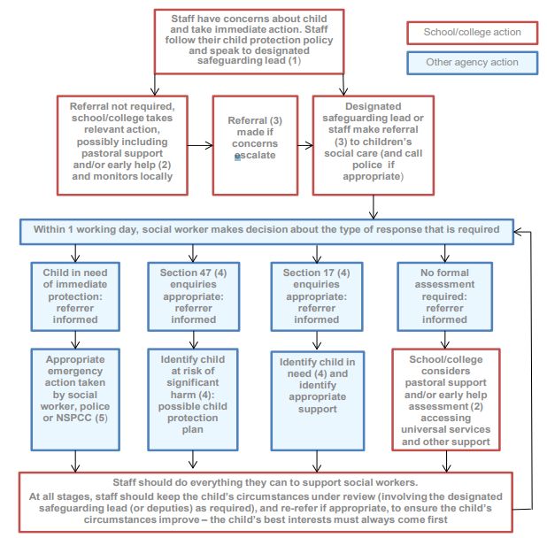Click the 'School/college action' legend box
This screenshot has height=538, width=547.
pyautogui.click(x=473, y=33)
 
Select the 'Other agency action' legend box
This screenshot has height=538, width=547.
pyautogui.click(x=473, y=63)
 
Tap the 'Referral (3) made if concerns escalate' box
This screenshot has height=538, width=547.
pyautogui.click(x=255, y=145)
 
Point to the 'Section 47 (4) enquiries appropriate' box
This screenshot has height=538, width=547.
pyautogui.click(x=193, y=296)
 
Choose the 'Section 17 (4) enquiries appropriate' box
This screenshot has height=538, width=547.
pyautogui.click(x=317, y=296)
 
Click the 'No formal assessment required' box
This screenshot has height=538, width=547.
pyautogui.click(x=445, y=296)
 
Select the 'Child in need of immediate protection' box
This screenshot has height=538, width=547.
pyautogui.click(x=75, y=296)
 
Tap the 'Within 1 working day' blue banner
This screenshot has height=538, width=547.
pyautogui.click(x=266, y=232)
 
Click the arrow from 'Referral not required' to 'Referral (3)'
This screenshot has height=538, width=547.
pyautogui.click(x=200, y=145)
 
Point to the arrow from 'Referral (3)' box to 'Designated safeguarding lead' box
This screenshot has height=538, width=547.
pyautogui.click(x=305, y=145)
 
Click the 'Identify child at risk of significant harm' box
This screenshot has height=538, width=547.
pyautogui.click(x=193, y=400)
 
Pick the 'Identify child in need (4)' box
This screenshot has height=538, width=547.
pyautogui.click(x=318, y=401)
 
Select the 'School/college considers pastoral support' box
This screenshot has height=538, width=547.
pyautogui.click(x=446, y=400)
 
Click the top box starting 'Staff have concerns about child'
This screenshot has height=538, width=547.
pyautogui.click(x=249, y=42)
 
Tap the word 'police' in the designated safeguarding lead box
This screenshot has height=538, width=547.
pyautogui.click(x=365, y=165)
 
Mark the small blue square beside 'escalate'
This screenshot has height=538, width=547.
pyautogui.click(x=237, y=158)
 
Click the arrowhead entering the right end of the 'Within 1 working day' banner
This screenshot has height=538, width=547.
pyautogui.click(x=518, y=232)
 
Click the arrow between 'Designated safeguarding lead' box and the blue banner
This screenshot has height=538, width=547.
pyautogui.click(x=374, y=207)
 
